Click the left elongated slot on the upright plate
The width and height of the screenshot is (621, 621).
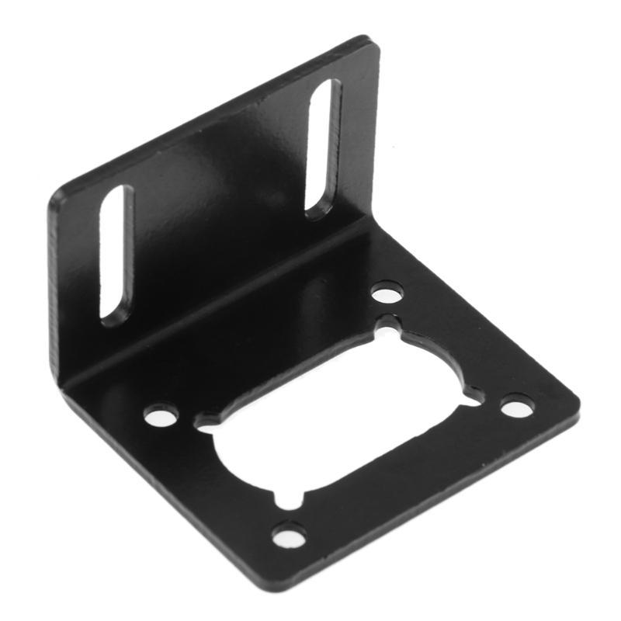[116, 255]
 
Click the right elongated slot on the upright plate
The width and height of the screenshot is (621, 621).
[324, 147]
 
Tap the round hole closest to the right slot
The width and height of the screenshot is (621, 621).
[387, 293]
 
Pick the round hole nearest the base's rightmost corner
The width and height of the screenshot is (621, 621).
[517, 406]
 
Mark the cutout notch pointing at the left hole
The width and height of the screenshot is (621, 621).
[203, 423]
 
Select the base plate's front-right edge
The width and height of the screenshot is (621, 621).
[435, 497]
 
